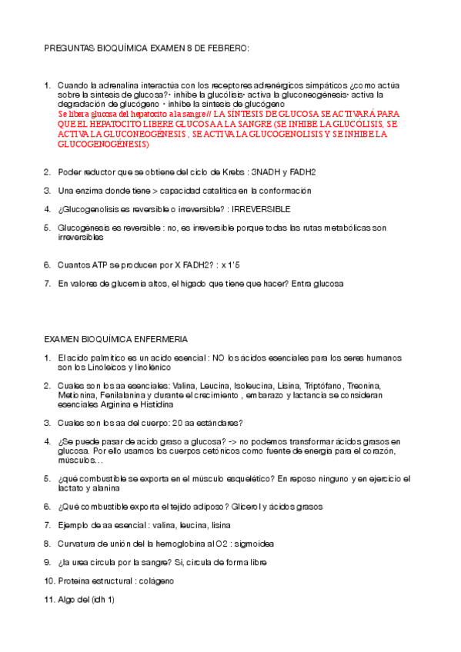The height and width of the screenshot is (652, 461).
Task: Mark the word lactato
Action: pos(71,488)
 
